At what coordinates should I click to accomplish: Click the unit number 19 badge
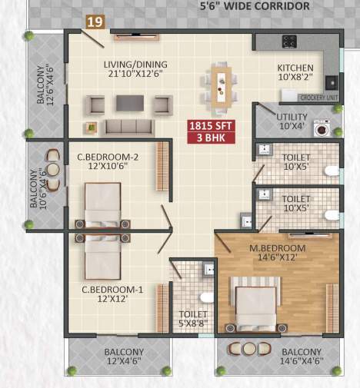tap(95, 22)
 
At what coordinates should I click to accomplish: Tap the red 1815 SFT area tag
tap(210, 125)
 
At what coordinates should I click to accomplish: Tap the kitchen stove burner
tap(290, 41)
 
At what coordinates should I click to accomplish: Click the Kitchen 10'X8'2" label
tap(295, 72)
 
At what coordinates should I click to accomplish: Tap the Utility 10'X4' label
tap(292, 120)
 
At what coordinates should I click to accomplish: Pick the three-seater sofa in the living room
tap(128, 127)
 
